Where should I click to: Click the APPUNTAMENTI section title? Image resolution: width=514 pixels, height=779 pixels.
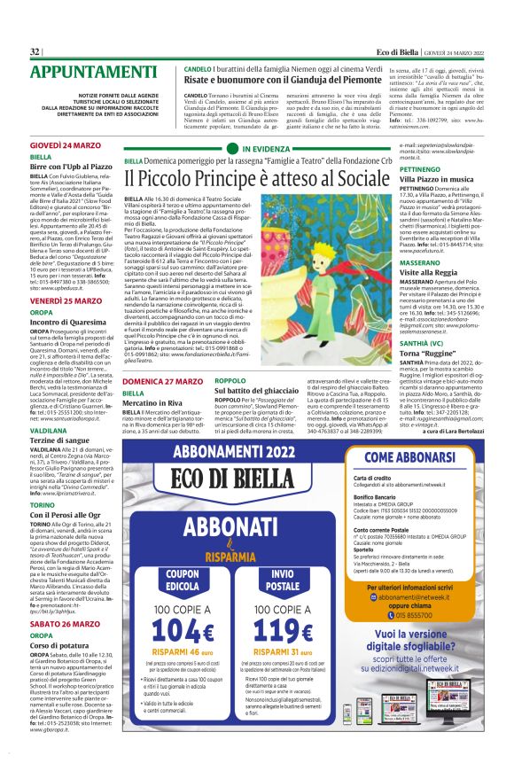click(88, 71)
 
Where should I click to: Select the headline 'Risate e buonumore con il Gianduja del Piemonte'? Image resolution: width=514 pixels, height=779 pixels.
click(284, 78)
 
